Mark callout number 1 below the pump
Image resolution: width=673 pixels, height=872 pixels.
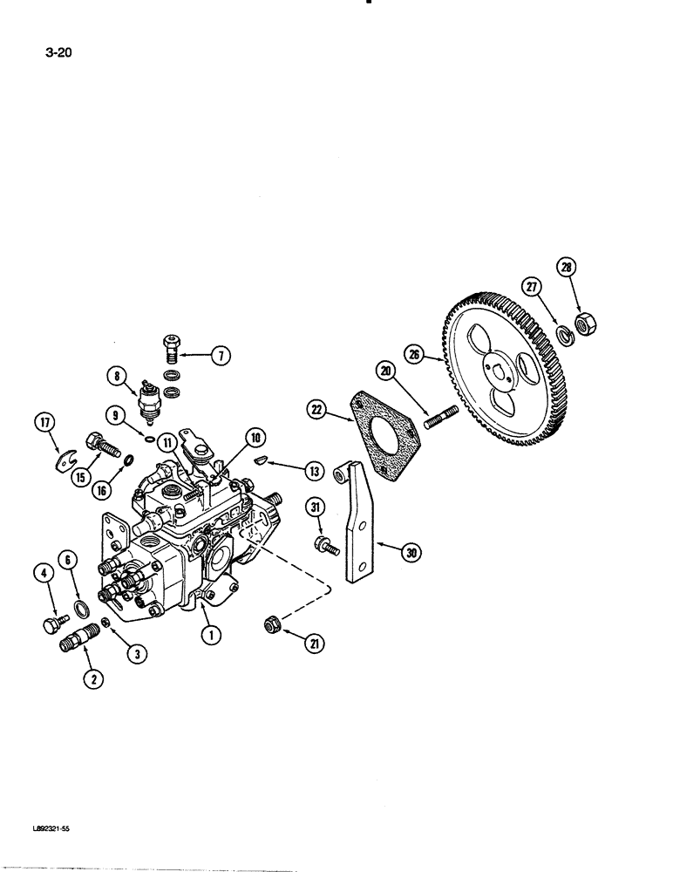(210, 636)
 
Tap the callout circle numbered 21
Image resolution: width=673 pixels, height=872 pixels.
(313, 644)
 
